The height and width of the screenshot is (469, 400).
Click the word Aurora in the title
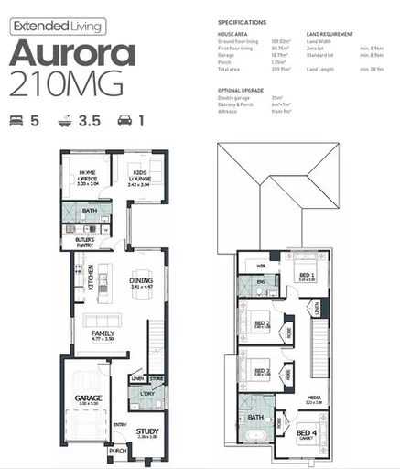point(73,51)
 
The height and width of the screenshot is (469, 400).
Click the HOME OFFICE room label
point(88,176)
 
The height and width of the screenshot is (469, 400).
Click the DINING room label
point(140,282)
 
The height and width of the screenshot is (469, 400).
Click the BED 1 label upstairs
point(307,275)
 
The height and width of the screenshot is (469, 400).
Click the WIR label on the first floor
point(260,265)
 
